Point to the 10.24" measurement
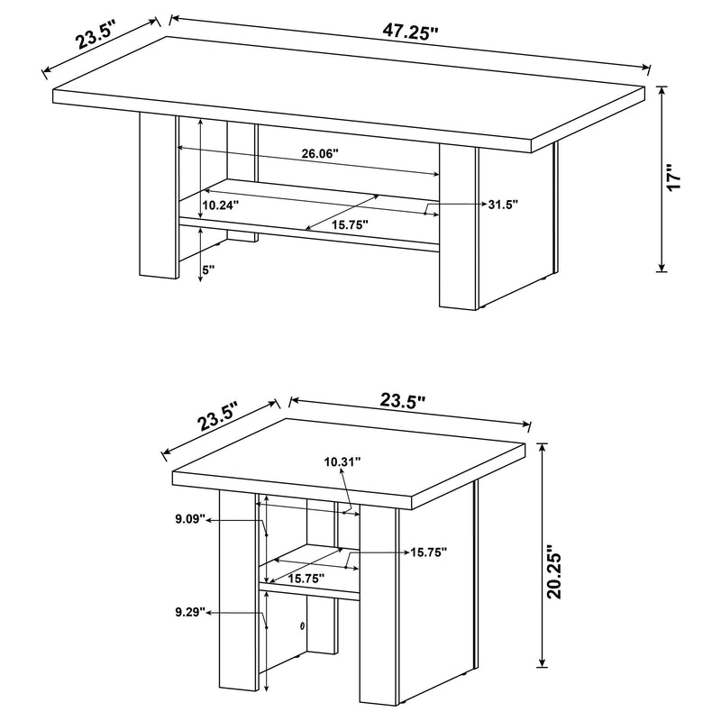pos(221,205)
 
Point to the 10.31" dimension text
pos(342,461)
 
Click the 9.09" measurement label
pos(192,520)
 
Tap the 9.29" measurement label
pos(192,613)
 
